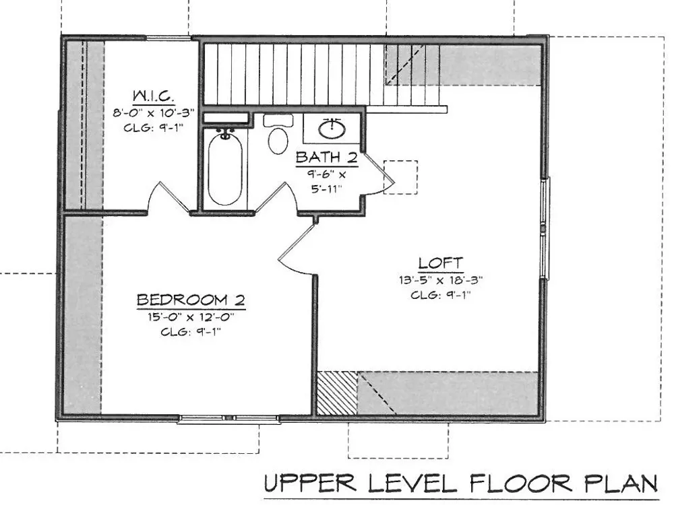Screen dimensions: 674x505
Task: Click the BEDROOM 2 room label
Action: coord(191,300)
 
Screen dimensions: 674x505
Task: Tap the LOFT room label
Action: coord(441,263)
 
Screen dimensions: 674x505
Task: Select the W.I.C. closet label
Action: coord(154,96)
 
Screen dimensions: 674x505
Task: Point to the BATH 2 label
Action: coord(327,158)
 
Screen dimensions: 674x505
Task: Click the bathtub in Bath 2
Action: coord(225,169)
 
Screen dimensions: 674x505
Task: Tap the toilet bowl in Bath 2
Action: coord(278,140)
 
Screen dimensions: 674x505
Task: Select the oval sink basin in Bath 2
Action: coord(332,129)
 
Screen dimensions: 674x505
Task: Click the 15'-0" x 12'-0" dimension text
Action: coord(191,317)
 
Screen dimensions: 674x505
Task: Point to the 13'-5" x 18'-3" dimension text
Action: coord(441,280)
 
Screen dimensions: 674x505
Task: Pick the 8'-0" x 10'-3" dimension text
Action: coord(154,113)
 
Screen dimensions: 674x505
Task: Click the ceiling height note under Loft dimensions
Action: coord(441,296)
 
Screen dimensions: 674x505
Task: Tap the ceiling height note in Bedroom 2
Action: coord(191,333)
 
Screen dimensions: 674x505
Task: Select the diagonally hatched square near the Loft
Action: coord(338,393)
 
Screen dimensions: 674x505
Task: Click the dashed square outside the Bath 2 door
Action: coord(400,177)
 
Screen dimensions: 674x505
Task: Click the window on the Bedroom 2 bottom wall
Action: coord(228,419)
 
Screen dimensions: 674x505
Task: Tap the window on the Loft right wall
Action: coord(544,228)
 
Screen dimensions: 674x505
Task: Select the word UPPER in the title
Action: coord(310,484)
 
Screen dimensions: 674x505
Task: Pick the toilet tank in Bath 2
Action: coord(278,121)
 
